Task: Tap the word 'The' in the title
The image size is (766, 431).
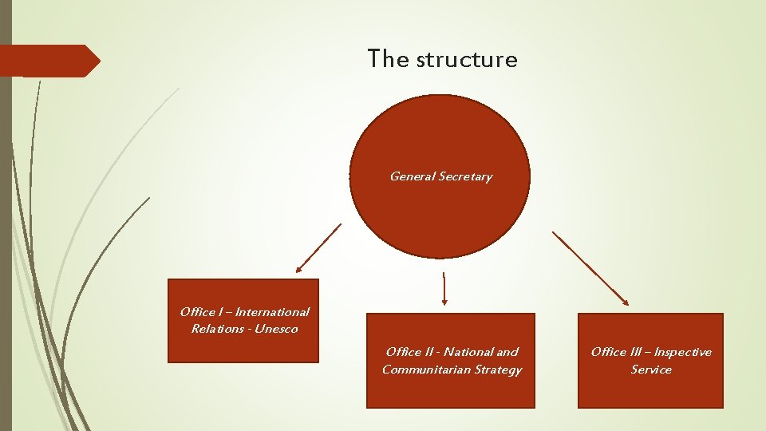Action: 388,58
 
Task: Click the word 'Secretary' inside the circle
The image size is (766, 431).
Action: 466,176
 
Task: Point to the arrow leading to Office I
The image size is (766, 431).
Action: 318,247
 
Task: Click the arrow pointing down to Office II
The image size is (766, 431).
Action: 444,289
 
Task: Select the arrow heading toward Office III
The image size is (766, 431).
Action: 590,268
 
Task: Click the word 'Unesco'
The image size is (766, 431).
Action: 276,329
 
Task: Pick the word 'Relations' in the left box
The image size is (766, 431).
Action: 215,329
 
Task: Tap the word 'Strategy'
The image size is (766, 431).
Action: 498,370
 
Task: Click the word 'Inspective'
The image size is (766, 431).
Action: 683,352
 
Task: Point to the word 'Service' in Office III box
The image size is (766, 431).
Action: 651,370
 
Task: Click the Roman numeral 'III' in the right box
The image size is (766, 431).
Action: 637,352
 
